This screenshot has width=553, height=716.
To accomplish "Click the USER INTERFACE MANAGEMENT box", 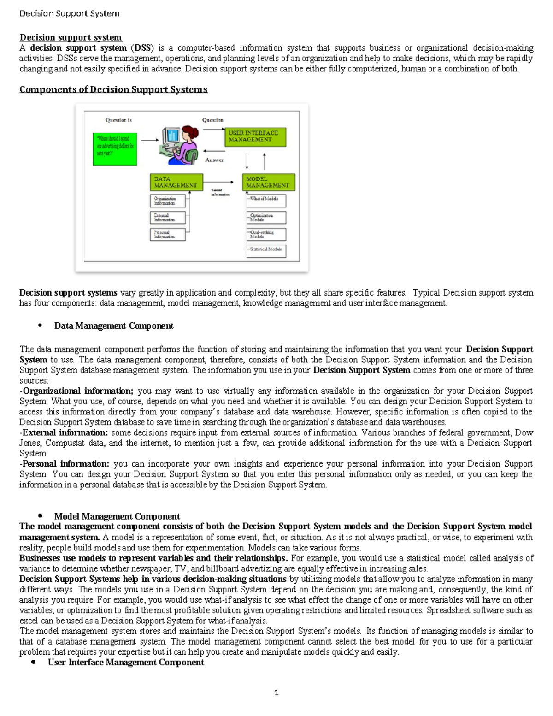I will (x=255, y=137).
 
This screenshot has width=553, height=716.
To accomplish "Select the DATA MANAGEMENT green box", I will (x=176, y=182).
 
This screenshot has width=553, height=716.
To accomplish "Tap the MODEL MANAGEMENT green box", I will (x=269, y=182).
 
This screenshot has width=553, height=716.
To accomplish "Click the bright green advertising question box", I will (x=115, y=149).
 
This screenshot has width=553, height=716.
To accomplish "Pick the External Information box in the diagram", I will (x=168, y=217).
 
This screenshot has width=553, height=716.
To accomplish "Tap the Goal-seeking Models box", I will (x=266, y=234).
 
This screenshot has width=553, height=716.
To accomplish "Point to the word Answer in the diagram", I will (x=214, y=160).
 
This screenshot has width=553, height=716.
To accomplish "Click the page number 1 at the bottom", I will (x=276, y=692).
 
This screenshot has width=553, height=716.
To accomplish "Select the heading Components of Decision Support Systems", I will (x=113, y=89).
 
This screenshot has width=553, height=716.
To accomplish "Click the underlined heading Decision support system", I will (x=71, y=37).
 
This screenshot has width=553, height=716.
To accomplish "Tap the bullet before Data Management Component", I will (x=40, y=325).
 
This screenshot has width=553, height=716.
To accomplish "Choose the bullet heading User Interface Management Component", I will (x=126, y=662).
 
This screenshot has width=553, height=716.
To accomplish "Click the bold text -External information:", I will (x=64, y=432).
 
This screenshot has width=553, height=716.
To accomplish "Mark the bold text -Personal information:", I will (x=65, y=464).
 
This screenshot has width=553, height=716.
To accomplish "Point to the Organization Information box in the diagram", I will (x=168, y=201).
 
